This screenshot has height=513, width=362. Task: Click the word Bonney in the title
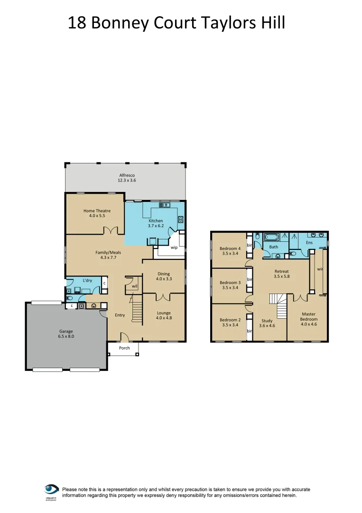click(122, 22)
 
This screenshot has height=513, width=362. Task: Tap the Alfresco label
click(127, 175)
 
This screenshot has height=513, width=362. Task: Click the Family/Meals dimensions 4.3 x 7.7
click(108, 258)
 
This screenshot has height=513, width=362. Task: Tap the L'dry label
click(87, 281)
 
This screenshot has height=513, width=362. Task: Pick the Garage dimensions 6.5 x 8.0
click(66, 336)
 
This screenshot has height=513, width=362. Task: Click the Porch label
click(124, 348)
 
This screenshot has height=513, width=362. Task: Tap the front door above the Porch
click(124, 338)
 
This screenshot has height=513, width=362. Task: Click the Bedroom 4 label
click(230, 248)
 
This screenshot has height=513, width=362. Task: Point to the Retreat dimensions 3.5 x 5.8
click(281, 276)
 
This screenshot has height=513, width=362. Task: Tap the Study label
click(267, 321)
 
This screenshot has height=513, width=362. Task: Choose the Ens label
click(309, 243)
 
